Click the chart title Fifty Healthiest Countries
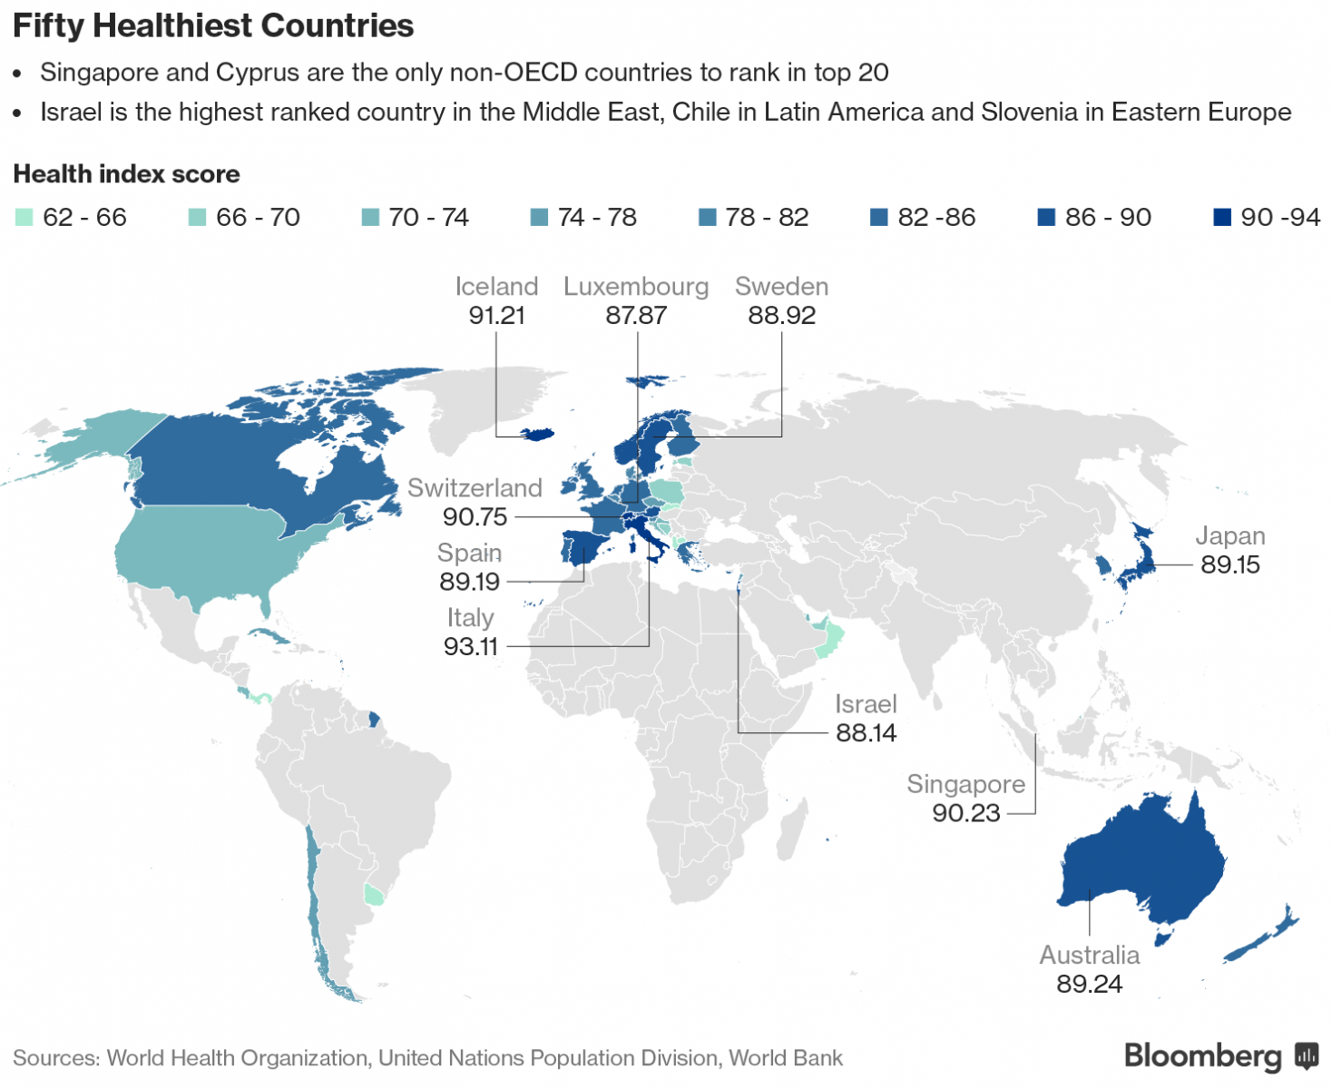[x=213, y=25]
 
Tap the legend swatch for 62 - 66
[x=24, y=218]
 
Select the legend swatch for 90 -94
[x=1222, y=218]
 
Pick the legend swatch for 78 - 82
[x=708, y=218]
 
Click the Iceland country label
[x=496, y=287]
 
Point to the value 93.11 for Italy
[x=471, y=646]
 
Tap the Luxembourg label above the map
[x=636, y=287]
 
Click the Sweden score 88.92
[x=781, y=316]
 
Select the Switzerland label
[x=475, y=488]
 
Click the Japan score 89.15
[x=1230, y=564]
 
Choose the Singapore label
[x=965, y=784]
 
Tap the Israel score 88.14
[x=866, y=733]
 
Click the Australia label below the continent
[x=1089, y=956]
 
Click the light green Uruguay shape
[x=373, y=894]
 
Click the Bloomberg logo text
[x=1202, y=1056]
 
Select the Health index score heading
[x=126, y=174]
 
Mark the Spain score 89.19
[x=469, y=582]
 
